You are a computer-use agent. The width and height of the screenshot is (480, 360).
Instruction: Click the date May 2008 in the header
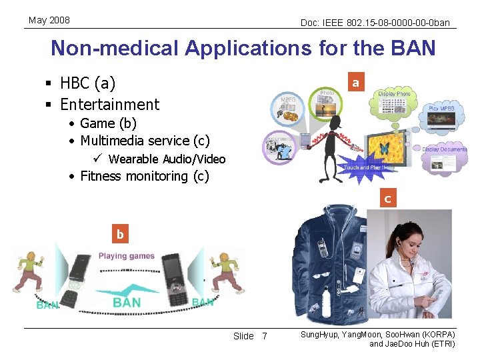[49, 21]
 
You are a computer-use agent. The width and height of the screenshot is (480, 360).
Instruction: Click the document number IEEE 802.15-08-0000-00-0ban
[375, 23]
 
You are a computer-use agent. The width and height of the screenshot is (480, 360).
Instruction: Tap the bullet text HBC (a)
[87, 83]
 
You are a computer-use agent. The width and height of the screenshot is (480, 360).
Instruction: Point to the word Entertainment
[109, 105]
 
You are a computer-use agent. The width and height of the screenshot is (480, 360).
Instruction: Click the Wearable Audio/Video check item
[167, 159]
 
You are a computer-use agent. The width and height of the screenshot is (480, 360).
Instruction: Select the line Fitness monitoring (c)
[144, 176]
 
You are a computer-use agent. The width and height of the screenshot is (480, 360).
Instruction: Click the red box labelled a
[355, 83]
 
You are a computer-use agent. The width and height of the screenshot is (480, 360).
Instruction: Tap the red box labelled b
[120, 234]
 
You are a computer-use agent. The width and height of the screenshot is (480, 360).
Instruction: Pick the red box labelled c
[387, 198]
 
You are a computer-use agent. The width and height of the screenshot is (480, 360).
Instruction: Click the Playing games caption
[126, 256]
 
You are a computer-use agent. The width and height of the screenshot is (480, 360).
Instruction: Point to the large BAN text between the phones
[127, 302]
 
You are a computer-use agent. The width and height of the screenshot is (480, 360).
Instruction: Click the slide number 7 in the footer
[264, 336]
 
